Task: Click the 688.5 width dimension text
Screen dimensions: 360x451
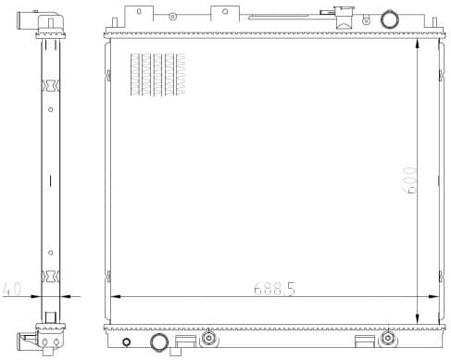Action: coord(275,289)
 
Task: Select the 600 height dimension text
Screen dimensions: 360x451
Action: coord(409,179)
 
